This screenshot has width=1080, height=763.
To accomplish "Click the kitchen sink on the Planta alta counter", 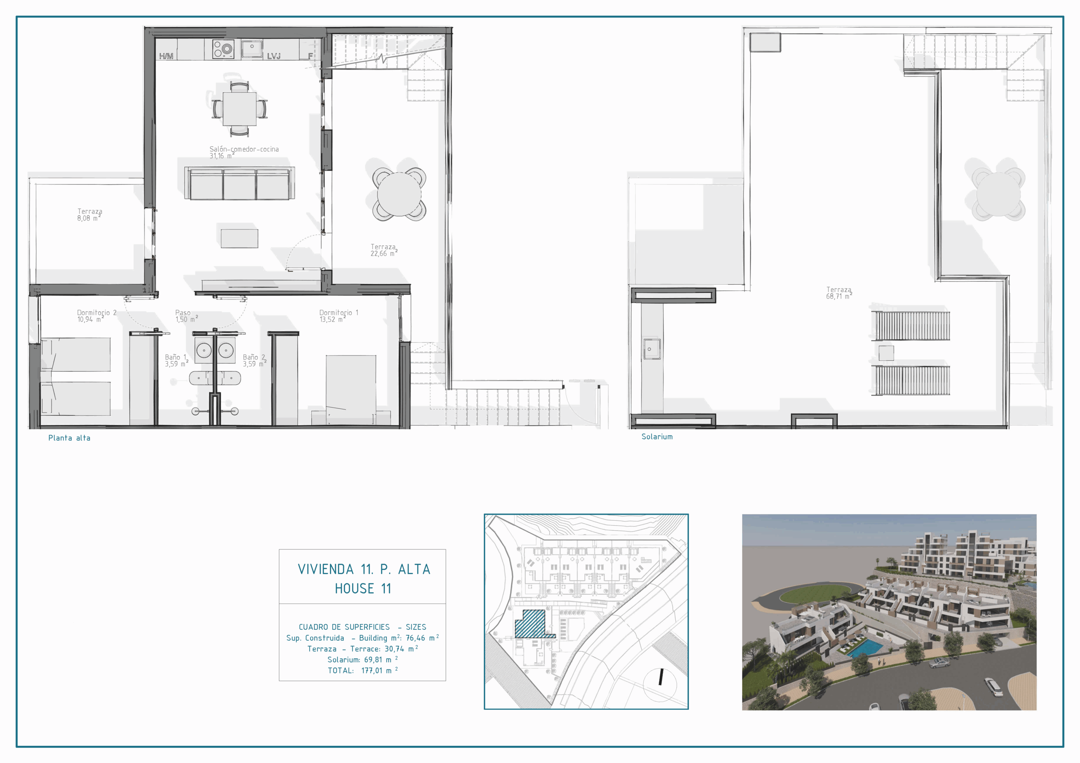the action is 252,48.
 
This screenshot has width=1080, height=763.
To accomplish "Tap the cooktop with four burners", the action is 223,49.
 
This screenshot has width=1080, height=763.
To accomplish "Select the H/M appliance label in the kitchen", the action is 166,56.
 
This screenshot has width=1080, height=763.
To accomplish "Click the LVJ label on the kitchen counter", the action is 274,56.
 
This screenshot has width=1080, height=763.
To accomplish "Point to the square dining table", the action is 240,109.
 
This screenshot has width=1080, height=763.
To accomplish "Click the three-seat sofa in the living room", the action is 240,183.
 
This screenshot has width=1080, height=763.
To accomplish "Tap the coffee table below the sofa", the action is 240,238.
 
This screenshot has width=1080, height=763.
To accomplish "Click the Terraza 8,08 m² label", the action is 89,215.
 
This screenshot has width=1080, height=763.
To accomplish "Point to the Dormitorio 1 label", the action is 339,316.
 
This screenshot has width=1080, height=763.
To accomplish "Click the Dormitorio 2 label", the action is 97,316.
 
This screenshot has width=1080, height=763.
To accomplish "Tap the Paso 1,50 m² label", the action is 186,316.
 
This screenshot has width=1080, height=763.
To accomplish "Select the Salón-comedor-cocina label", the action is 244,152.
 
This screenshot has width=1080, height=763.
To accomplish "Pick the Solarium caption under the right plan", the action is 657,437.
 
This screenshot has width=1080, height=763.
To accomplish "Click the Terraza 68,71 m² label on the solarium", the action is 839,293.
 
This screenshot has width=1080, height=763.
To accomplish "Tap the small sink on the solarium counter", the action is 651,349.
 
